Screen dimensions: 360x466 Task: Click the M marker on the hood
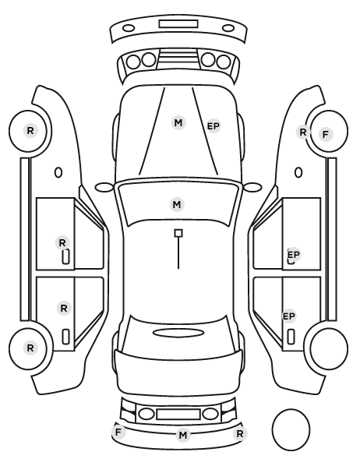click(178, 123)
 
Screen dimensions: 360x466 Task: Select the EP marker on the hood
click(213, 126)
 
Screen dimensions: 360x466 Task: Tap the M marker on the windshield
click(177, 204)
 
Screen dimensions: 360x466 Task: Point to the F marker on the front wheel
click(326, 134)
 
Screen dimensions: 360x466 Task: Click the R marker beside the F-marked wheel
click(303, 132)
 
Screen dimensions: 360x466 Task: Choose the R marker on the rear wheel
click(30, 348)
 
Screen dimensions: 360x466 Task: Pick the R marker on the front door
click(62, 243)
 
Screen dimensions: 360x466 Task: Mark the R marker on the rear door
click(64, 308)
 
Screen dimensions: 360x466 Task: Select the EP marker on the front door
click(294, 255)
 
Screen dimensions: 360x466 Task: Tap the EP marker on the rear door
click(288, 316)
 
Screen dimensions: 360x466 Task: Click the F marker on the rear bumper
click(118, 432)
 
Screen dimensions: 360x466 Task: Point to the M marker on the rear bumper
click(183, 435)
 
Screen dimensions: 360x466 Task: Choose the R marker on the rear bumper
click(239, 433)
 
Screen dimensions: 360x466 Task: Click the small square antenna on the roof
click(178, 233)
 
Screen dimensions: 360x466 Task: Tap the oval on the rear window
click(178, 333)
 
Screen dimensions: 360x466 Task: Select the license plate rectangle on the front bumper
click(178, 24)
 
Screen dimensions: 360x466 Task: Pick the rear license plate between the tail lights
click(178, 414)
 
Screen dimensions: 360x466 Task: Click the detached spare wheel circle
click(291, 429)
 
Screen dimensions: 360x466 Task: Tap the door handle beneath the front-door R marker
click(65, 256)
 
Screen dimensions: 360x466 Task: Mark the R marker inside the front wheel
click(30, 130)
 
